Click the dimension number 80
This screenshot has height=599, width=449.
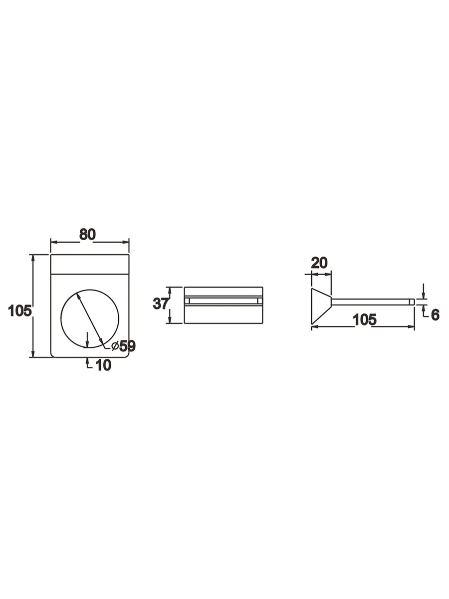click(x=87, y=235)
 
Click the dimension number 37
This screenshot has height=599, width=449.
click(x=160, y=303)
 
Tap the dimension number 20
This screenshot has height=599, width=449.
click(x=319, y=263)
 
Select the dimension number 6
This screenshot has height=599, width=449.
click(x=436, y=315)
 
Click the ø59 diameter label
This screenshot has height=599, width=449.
click(x=124, y=346)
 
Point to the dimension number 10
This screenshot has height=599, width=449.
click(x=104, y=365)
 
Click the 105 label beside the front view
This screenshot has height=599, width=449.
click(x=20, y=311)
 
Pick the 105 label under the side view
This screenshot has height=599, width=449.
click(x=365, y=319)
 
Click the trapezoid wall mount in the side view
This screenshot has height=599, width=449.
click(x=321, y=306)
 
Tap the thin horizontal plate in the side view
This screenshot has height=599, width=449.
click(x=373, y=302)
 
